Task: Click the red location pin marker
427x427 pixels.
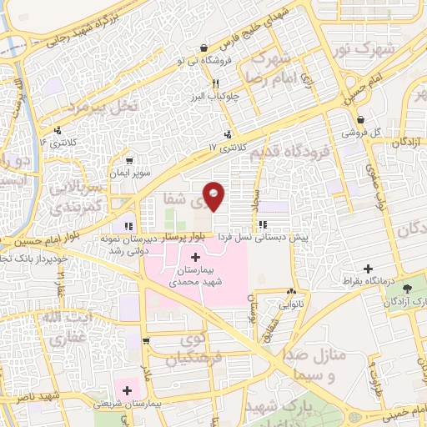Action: [x=214, y=194]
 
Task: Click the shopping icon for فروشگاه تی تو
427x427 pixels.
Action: [x=204, y=48]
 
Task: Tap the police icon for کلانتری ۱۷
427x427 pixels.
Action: [x=228, y=135]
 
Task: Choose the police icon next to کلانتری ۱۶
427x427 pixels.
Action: [x=58, y=129]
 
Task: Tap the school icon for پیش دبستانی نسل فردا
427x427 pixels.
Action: [x=263, y=224]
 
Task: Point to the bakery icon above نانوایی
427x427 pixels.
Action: [x=290, y=292]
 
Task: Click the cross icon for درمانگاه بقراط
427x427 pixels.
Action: [x=367, y=269]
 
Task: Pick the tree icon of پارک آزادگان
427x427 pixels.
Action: [x=407, y=290]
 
